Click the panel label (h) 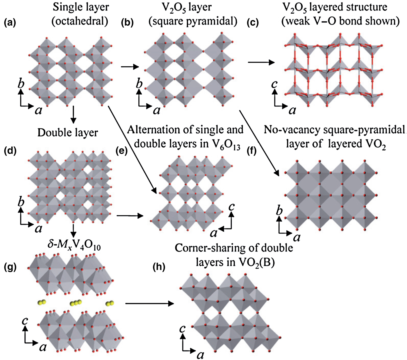point(159,267)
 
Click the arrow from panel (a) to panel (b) point(130,67)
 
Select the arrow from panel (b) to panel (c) point(261,62)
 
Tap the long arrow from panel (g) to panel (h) point(149,304)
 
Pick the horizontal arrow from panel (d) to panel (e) point(130,216)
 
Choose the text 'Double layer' point(68,133)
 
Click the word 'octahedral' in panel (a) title point(80,21)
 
